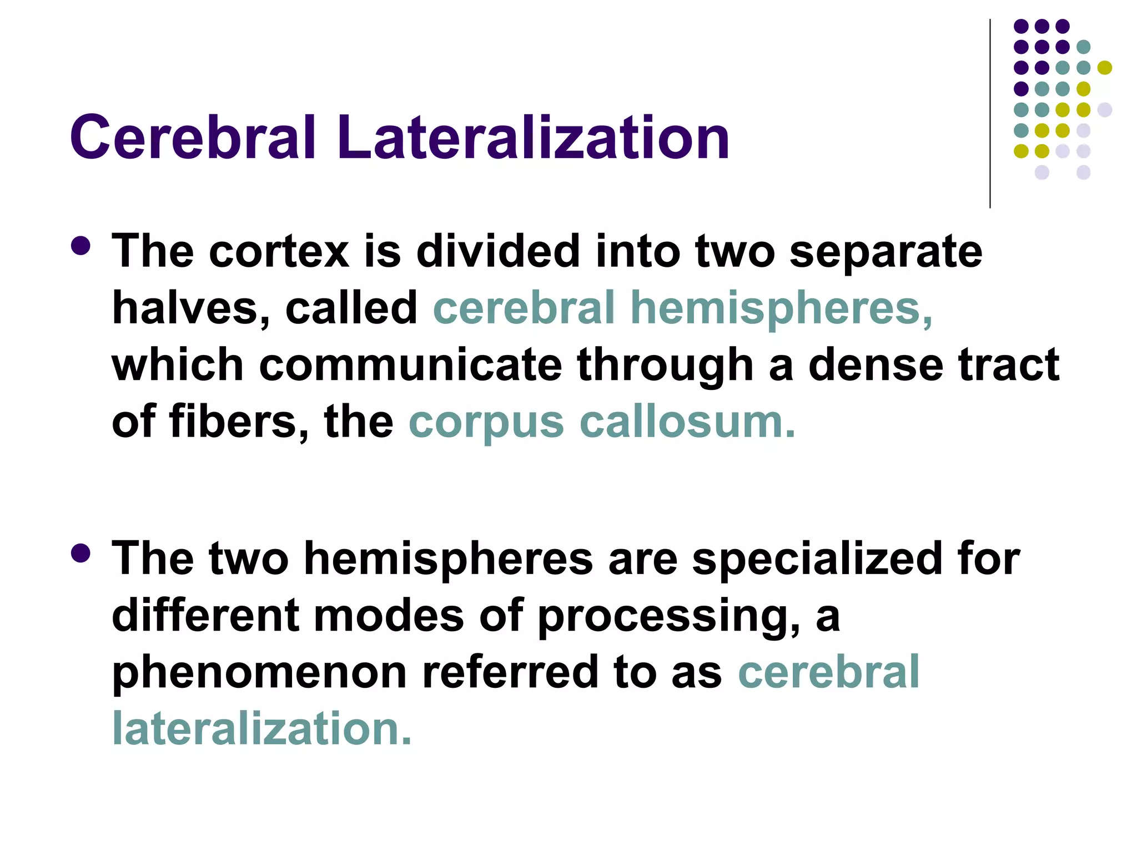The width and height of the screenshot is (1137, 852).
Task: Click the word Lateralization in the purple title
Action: [532, 137]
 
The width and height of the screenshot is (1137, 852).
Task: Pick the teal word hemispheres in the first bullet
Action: [782, 309]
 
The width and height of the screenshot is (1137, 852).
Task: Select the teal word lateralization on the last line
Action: [261, 728]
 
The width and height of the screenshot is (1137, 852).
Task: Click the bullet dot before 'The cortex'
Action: [81, 246]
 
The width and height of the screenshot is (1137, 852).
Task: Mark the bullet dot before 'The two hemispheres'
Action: [81, 553]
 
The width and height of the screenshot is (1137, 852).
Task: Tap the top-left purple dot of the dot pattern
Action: [1021, 26]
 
